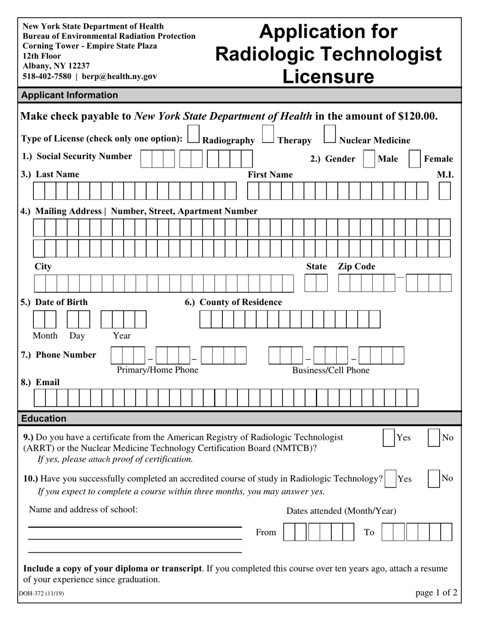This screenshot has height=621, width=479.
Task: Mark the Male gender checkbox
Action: tap(369, 159)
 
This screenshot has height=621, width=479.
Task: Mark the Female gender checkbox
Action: tap(414, 159)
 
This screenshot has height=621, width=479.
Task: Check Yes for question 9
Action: tap(389, 438)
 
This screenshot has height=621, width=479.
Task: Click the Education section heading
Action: tap(44, 419)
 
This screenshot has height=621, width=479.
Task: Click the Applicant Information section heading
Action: tap(70, 95)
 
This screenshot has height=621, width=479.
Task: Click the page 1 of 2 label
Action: tap(436, 593)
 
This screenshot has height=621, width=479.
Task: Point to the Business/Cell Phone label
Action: tap(331, 371)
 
